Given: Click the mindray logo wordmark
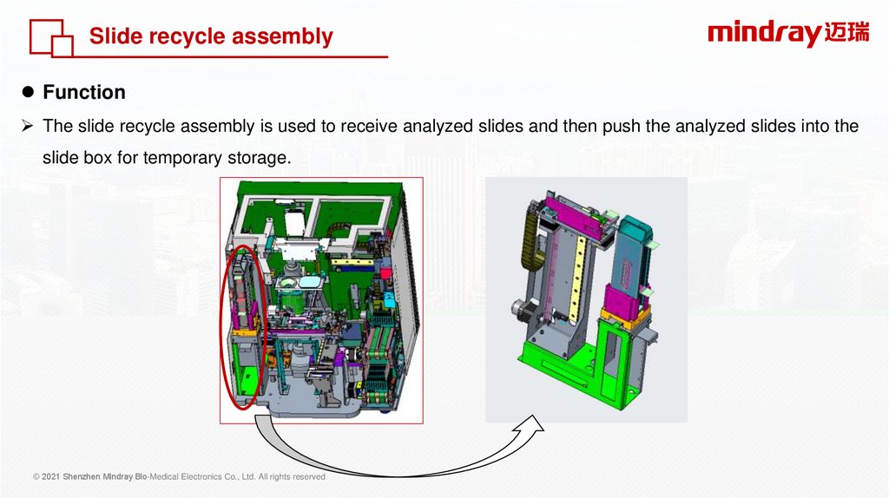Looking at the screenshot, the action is [x=764, y=34].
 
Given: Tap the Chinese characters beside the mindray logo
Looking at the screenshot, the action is [x=846, y=32].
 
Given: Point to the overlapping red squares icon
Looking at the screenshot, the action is [x=51, y=38].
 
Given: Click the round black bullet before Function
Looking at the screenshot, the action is [x=28, y=92].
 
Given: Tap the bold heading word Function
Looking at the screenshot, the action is [x=84, y=92].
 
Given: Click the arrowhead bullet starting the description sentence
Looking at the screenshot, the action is [x=27, y=126].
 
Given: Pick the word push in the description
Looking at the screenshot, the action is [x=622, y=127].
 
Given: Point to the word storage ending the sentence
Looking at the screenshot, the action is [x=260, y=158].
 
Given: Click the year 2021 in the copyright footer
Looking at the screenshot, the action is [x=51, y=477].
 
